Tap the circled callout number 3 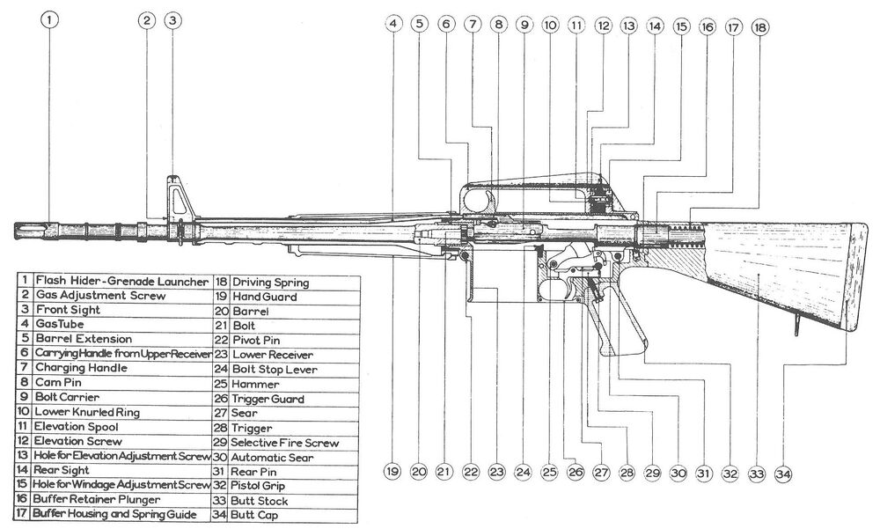(x=173, y=19)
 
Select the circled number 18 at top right (x=759, y=27)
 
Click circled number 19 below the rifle (x=392, y=472)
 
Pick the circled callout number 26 (x=576, y=473)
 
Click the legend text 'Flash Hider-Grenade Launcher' (x=121, y=282)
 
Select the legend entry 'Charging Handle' (x=71, y=368)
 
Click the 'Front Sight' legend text (x=68, y=311)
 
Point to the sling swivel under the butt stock (x=796, y=327)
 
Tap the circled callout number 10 (x=550, y=26)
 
